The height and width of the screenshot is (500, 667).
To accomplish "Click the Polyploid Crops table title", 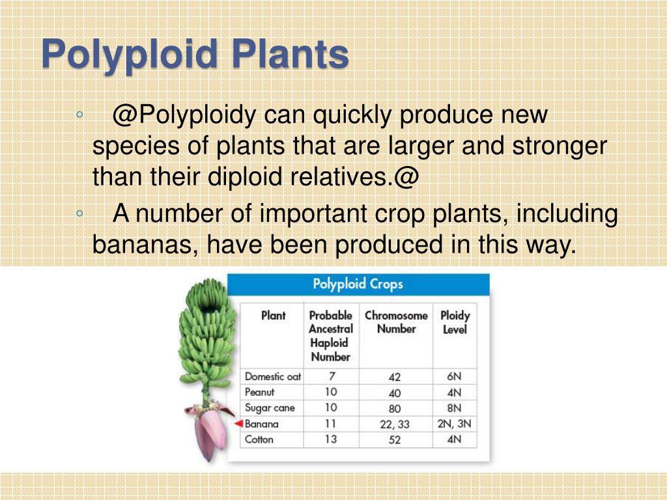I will pyautogui.click(x=358, y=285).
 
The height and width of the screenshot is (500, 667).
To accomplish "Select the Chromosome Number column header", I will pyautogui.click(x=396, y=322).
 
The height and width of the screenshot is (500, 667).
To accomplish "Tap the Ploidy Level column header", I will pyautogui.click(x=455, y=322).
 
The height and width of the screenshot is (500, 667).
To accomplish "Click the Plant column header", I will pyautogui.click(x=273, y=316).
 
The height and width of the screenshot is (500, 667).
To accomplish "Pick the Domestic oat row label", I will pyautogui.click(x=272, y=376).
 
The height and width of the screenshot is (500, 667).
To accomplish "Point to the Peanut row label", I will pyautogui.click(x=259, y=392).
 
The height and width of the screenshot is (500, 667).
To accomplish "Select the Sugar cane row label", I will pyautogui.click(x=270, y=408).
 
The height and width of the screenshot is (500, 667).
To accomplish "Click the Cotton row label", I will pyautogui.click(x=259, y=439).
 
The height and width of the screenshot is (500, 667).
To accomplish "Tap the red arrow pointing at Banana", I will pyautogui.click(x=238, y=424).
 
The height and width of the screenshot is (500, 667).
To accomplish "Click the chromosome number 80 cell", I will pyautogui.click(x=395, y=409).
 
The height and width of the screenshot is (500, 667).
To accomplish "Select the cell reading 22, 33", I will pyautogui.click(x=395, y=424).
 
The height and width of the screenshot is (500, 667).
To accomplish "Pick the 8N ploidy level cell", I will pyautogui.click(x=454, y=408).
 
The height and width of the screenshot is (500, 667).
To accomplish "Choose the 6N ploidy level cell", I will pyautogui.click(x=454, y=376).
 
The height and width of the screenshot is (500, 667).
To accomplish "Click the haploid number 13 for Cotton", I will pyautogui.click(x=331, y=439).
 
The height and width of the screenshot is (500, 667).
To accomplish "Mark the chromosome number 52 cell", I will pyautogui.click(x=395, y=440).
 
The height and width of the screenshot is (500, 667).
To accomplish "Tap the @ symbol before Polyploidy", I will pyautogui.click(x=124, y=116).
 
